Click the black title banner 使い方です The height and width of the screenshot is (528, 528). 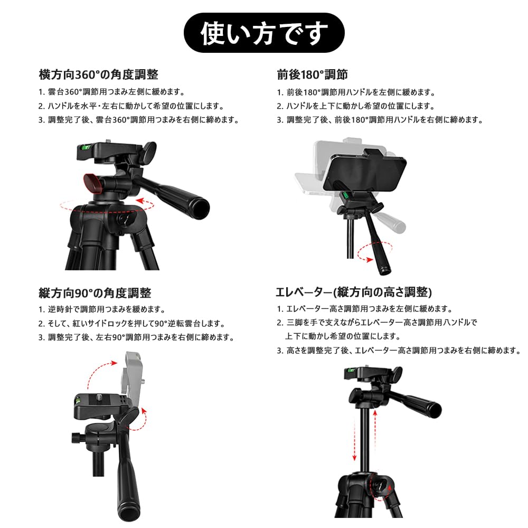point(263,33)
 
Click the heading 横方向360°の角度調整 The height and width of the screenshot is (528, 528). point(98,74)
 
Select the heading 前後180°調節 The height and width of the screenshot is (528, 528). point(312,74)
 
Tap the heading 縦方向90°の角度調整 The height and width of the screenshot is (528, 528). point(95,292)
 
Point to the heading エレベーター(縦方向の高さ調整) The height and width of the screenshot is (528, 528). point(354,292)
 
